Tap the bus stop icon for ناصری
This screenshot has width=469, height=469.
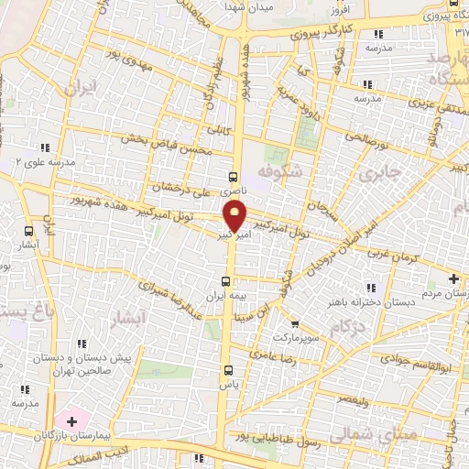tap(233, 175)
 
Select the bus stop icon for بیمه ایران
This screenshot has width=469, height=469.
tap(227, 281)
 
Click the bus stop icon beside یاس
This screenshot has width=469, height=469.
tap(228, 370)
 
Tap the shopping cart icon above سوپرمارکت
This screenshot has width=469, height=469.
tap(293, 323)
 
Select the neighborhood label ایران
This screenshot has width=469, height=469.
tap(80, 90)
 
